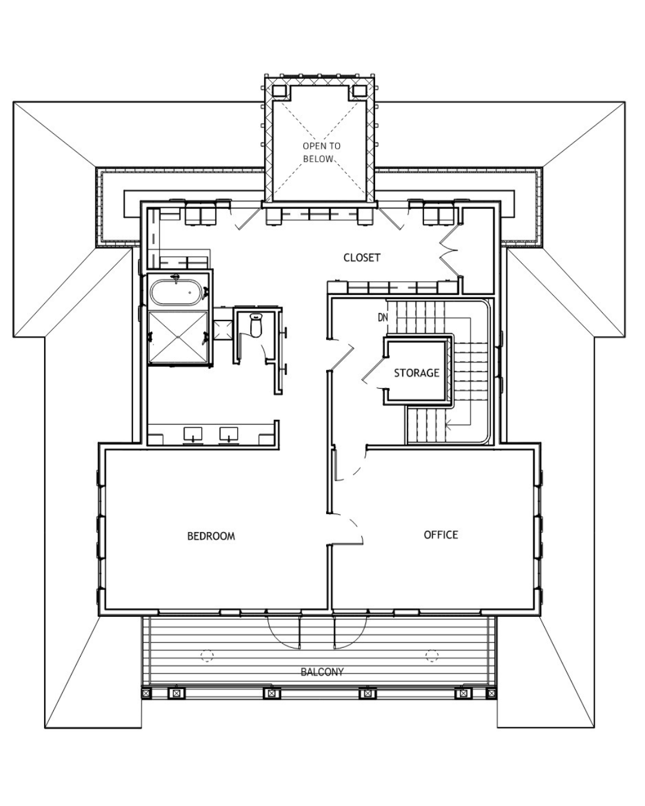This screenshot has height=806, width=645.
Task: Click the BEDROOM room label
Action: pyautogui.click(x=211, y=536)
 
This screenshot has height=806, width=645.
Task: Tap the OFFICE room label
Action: pyautogui.click(x=441, y=534)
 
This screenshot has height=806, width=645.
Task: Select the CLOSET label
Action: pyautogui.click(x=362, y=257)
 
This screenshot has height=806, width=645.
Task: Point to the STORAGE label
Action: pyautogui.click(x=416, y=373)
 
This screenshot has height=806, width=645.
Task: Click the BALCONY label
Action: pyautogui.click(x=322, y=672)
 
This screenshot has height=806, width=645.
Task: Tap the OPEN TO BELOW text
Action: pyautogui.click(x=321, y=152)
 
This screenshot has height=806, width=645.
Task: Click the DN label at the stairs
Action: pyautogui.click(x=383, y=318)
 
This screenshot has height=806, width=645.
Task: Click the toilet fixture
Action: pyautogui.click(x=256, y=325)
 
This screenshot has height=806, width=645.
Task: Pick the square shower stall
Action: pyautogui.click(x=179, y=337)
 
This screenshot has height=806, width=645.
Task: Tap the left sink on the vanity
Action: pyautogui.click(x=193, y=434)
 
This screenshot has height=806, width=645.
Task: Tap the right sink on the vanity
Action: pyautogui.click(x=229, y=434)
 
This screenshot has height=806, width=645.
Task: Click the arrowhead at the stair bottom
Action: pyautogui.click(x=449, y=424)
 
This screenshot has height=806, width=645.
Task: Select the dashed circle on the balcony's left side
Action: pyautogui.click(x=207, y=656)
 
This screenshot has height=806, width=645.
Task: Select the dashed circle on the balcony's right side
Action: pyautogui.click(x=432, y=655)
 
